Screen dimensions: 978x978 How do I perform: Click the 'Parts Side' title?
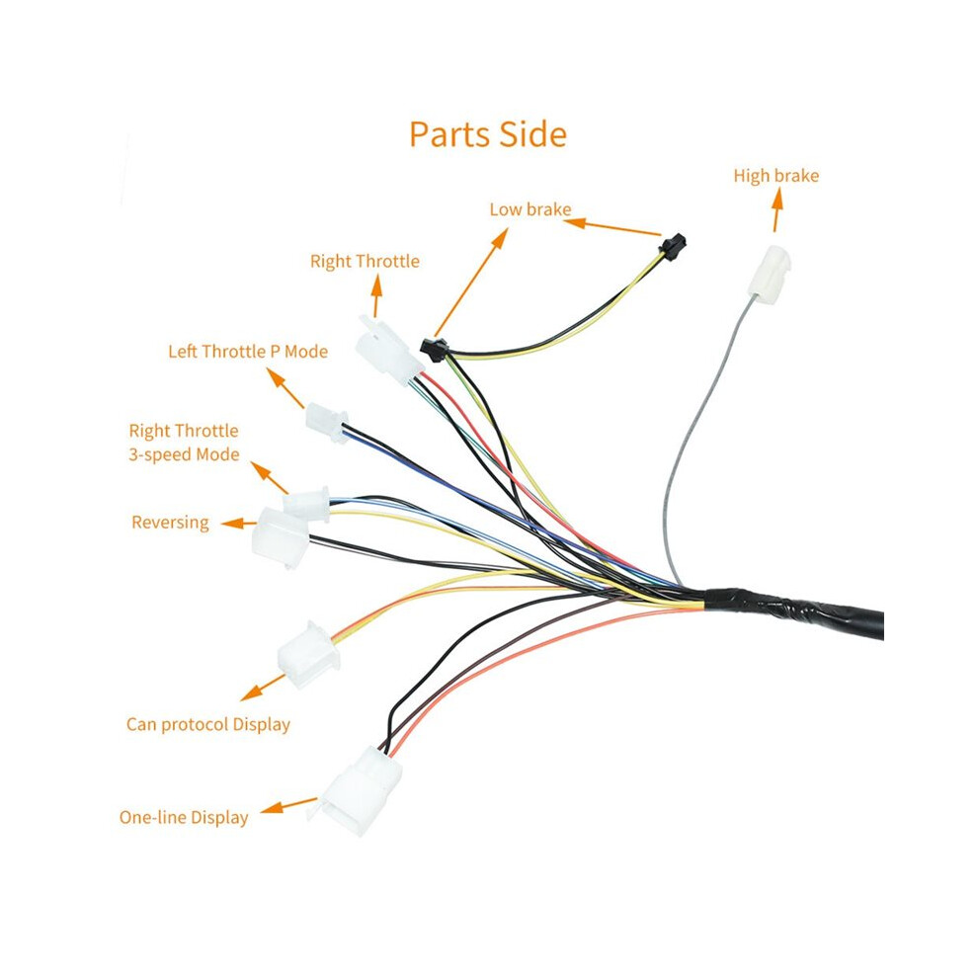tap(488, 134)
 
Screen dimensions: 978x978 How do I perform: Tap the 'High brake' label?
tap(775, 176)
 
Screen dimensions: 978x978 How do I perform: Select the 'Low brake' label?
tap(530, 209)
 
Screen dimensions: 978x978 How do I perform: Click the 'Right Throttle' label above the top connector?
tap(365, 262)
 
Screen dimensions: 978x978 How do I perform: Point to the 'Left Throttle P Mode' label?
tap(248, 351)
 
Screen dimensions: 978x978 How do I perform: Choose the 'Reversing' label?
tap(170, 522)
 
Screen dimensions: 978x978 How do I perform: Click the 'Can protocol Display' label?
tap(208, 724)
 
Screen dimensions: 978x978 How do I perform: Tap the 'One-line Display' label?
tap(184, 817)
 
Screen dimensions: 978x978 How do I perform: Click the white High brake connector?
tap(770, 275)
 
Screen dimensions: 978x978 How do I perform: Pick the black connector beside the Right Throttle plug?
tap(434, 350)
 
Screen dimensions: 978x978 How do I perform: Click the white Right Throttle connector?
tap(388, 350)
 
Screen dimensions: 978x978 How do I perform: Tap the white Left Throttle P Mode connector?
tap(327, 421)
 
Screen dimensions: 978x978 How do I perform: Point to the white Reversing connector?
tap(281, 537)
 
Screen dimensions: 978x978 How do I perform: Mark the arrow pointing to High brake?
tap(776, 210)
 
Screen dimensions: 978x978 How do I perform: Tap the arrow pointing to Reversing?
tap(239, 524)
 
